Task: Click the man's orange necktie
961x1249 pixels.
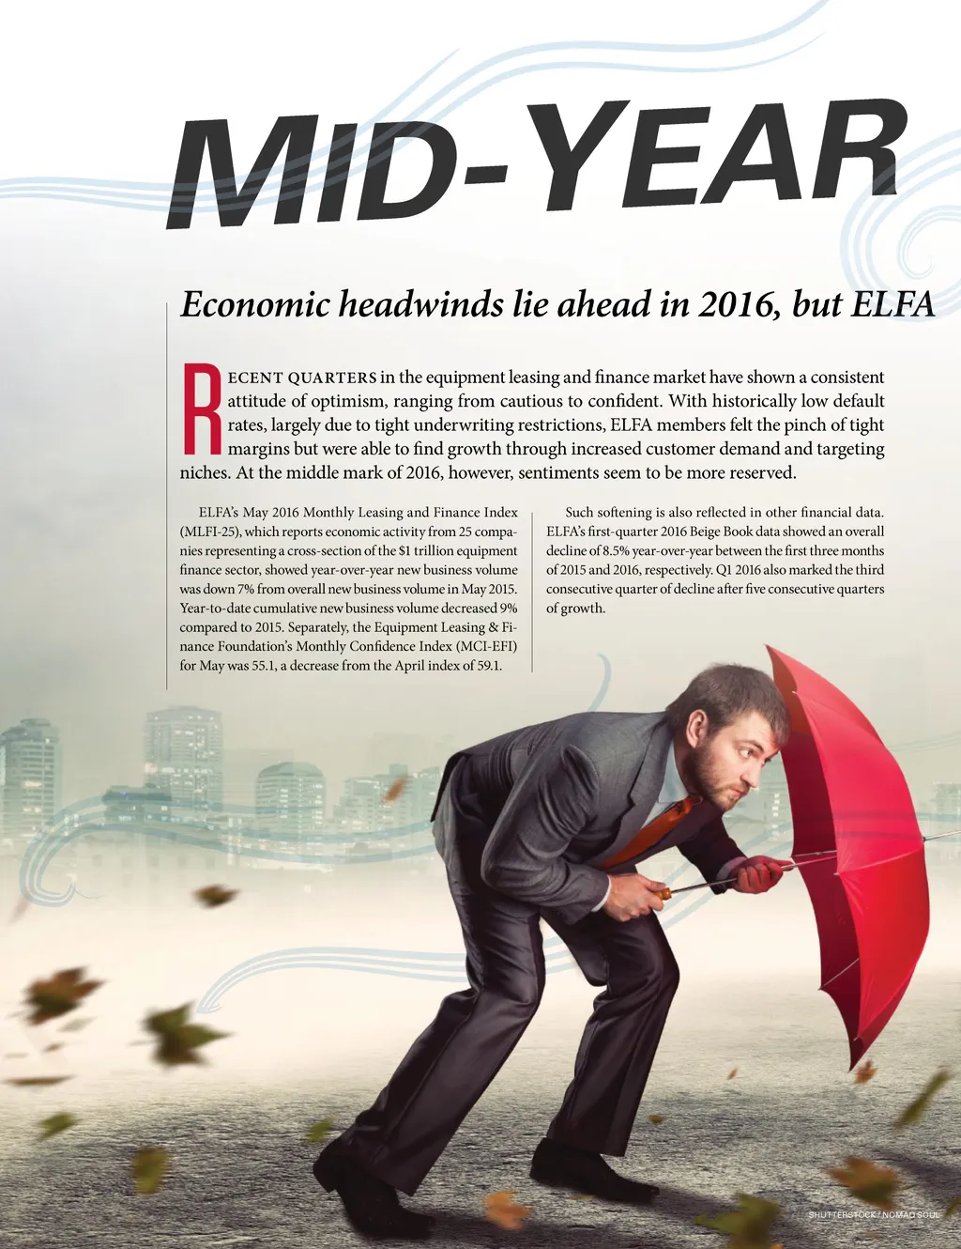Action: (x=657, y=827)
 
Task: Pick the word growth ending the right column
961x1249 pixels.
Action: (x=583, y=609)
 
